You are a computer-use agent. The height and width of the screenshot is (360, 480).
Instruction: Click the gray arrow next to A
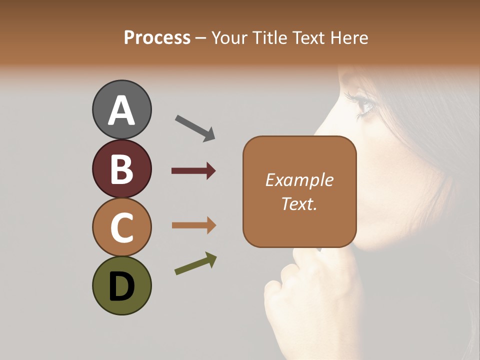tap(195, 128)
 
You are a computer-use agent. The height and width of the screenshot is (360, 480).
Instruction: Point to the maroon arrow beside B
tap(193, 171)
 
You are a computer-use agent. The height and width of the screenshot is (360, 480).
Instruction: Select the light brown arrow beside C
tap(194, 225)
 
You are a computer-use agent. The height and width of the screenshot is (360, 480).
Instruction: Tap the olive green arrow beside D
tap(195, 264)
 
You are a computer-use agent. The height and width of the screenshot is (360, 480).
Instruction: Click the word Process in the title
tap(157, 37)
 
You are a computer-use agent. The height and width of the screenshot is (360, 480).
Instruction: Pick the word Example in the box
tap(299, 180)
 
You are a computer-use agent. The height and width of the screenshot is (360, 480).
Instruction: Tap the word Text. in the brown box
tap(299, 203)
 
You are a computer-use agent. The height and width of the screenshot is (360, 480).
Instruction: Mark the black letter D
tap(121, 286)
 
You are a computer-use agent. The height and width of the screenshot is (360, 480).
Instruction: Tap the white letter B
tap(121, 169)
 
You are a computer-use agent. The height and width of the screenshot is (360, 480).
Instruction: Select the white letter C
tap(121, 227)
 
